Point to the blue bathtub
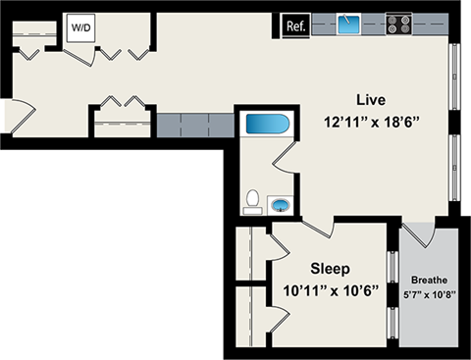coord(265,125)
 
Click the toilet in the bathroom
coord(252,201)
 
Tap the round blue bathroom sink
coord(281,205)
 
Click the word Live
coord(370,100)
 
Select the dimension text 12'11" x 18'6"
coord(370,124)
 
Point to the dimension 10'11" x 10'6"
coord(331,291)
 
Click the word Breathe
coord(429,278)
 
